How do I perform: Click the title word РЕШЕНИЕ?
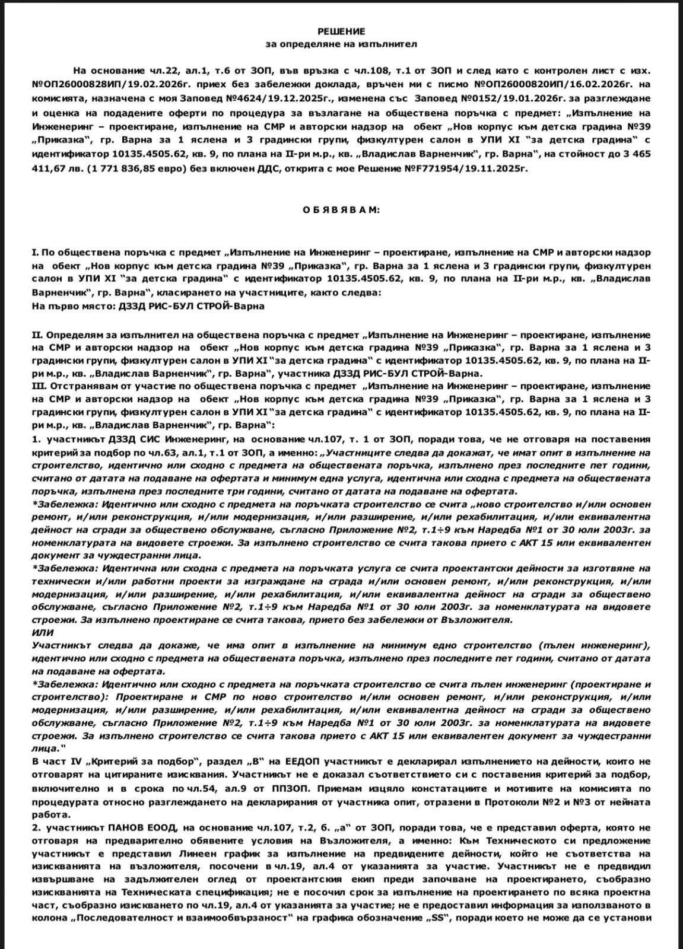[x=341, y=31]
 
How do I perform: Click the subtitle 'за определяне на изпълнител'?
[x=341, y=44]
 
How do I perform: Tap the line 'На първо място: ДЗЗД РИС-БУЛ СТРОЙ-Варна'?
[x=148, y=306]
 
